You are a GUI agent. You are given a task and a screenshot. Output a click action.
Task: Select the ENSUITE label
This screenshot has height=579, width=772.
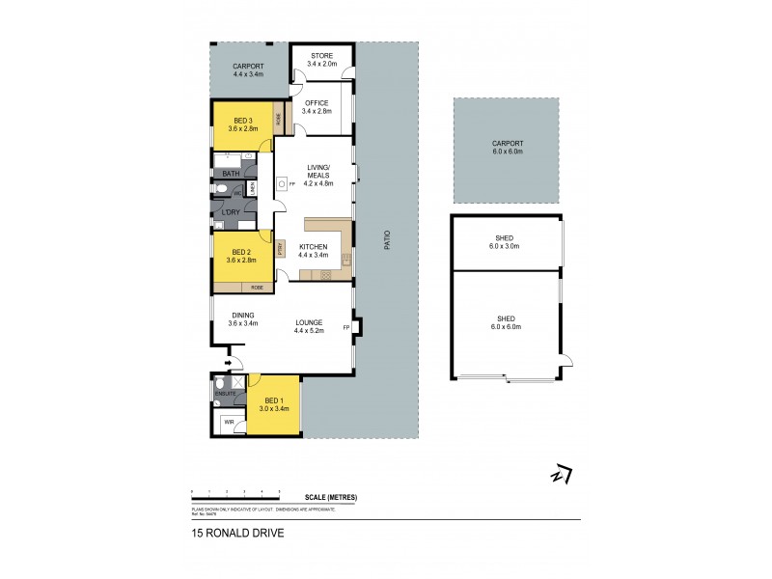coord(225,393)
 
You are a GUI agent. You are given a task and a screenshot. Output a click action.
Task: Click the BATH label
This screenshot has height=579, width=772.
coord(231,174)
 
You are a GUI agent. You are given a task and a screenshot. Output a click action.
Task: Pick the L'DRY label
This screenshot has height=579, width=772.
coord(231,212)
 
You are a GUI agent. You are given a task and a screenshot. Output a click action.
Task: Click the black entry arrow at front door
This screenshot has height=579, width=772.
coord(229,364)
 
